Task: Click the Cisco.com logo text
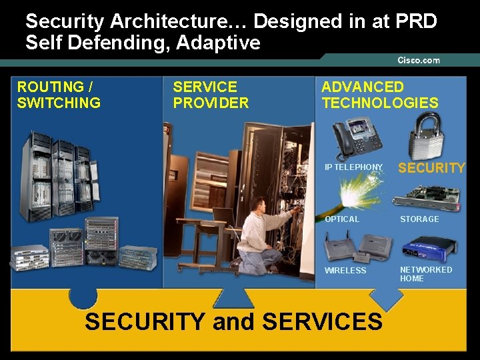(419, 60)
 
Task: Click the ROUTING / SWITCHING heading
(59, 95)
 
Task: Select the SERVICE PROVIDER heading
(211, 95)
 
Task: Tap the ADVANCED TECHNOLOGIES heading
(380, 95)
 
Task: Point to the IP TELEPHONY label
(353, 167)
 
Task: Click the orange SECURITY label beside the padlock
(431, 168)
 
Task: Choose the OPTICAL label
(342, 219)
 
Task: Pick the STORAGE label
(419, 219)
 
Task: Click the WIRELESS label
(345, 271)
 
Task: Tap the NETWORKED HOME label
(425, 274)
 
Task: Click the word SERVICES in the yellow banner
(323, 321)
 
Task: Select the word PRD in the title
(415, 21)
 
